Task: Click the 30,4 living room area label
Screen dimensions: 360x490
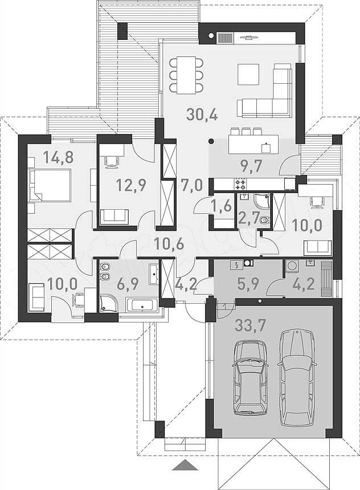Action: (202, 115)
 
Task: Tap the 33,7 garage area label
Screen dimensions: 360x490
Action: (250, 326)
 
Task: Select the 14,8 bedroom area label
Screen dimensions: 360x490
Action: (58, 157)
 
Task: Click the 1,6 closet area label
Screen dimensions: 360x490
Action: (221, 206)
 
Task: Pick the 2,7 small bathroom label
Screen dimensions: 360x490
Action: (248, 218)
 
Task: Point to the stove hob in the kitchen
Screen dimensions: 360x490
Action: (240, 183)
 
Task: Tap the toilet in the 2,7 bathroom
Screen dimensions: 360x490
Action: (264, 220)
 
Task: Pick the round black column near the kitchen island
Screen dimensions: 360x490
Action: (211, 141)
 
